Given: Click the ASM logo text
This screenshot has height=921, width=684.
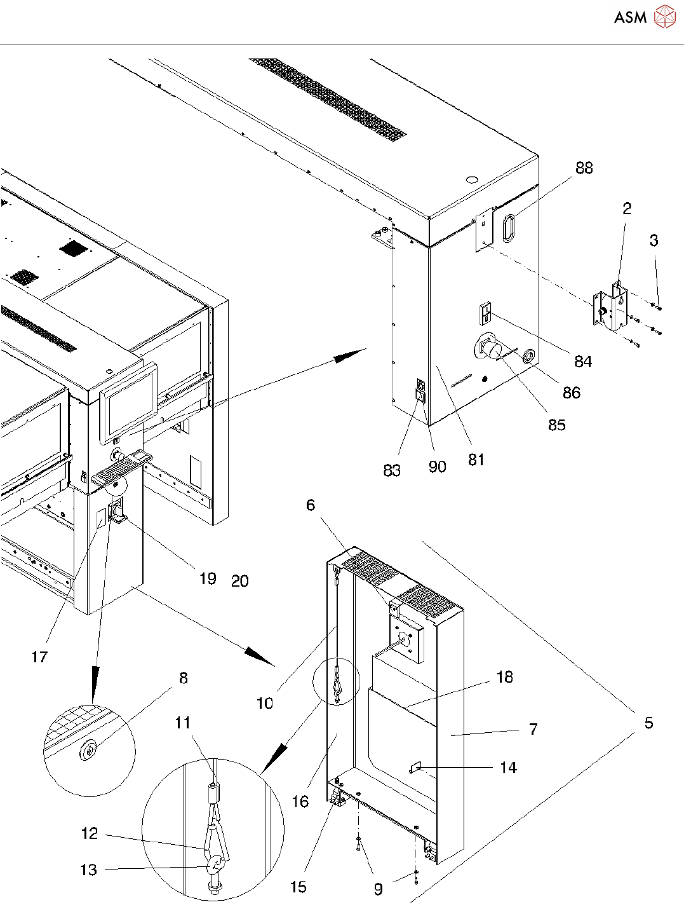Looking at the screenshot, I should pyautogui.click(x=630, y=17).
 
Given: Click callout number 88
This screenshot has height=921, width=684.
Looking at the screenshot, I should pyautogui.click(x=584, y=168).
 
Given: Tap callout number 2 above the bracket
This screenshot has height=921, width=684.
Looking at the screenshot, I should pyautogui.click(x=626, y=208).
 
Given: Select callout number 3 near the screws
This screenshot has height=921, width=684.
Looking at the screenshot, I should pyautogui.click(x=654, y=240).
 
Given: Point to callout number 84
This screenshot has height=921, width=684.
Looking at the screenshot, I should pyautogui.click(x=582, y=361).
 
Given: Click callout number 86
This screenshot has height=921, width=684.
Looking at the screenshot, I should pyautogui.click(x=571, y=393).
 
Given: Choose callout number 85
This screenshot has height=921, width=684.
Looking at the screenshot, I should pyautogui.click(x=556, y=425).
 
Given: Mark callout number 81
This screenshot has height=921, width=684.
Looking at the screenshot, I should pyautogui.click(x=476, y=460).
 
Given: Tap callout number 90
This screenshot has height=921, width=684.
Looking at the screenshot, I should pyautogui.click(x=437, y=467).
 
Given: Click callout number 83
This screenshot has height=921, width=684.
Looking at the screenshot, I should pyautogui.click(x=392, y=470).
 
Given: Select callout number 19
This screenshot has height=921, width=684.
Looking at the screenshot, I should pyautogui.click(x=208, y=578).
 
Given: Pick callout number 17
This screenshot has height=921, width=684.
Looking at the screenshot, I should pyautogui.click(x=39, y=657).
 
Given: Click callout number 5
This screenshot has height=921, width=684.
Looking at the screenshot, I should pyautogui.click(x=648, y=723).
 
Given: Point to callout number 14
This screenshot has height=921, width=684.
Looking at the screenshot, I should pyautogui.click(x=508, y=768).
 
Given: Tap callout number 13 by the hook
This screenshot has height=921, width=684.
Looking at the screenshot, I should pyautogui.click(x=89, y=870).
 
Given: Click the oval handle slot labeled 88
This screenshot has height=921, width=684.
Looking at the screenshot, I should pyautogui.click(x=509, y=228).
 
